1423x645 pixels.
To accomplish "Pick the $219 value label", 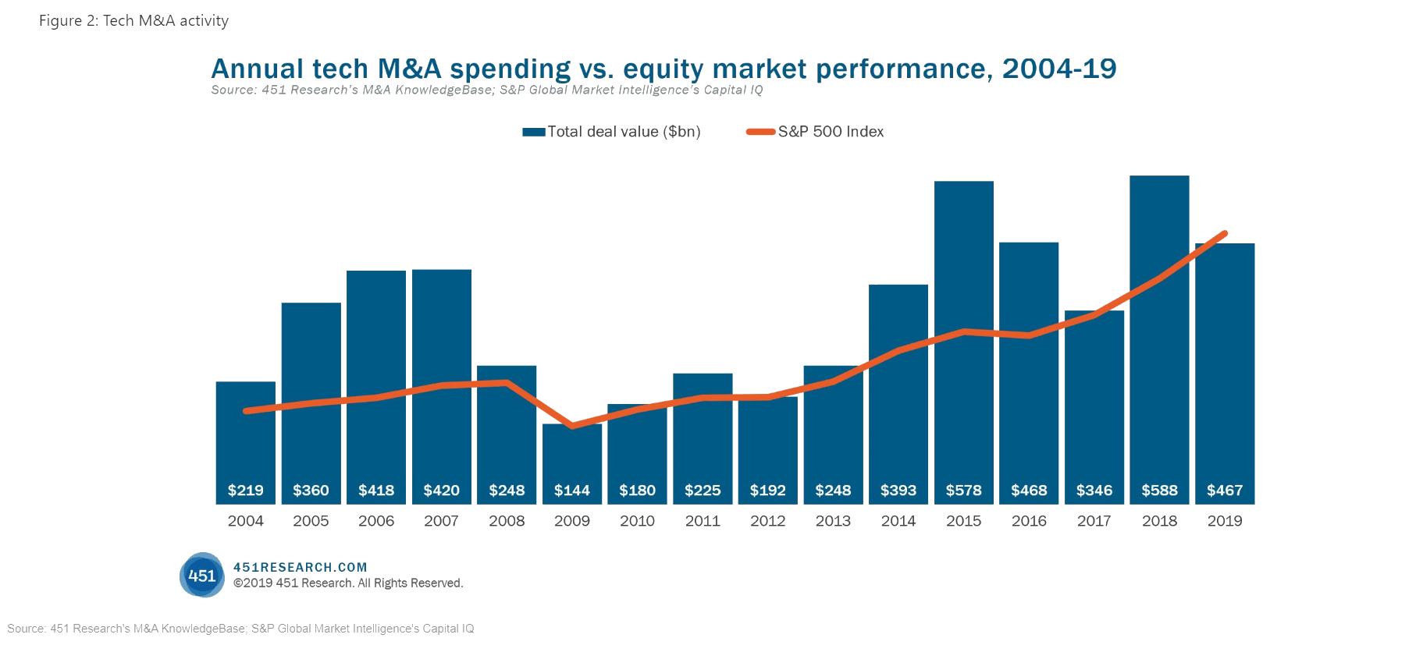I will coord(245,491).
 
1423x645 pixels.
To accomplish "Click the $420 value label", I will coord(441,491).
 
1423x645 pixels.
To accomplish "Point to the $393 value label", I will coord(898,491).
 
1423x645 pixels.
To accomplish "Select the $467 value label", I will coord(1225,491).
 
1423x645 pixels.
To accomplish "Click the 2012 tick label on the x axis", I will coord(767,521).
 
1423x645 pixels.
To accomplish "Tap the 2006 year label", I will coord(376,521).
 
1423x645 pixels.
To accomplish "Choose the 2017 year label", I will coord(1094,521).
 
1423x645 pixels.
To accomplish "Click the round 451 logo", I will coord(202,576).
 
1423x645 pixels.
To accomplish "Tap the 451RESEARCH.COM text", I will coord(300,567).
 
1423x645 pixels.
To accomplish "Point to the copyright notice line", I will coord(348,583).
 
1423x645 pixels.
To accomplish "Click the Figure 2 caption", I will coord(133,21).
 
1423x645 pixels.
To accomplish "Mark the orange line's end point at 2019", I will coord(1225,233).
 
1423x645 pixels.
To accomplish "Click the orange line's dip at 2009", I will coord(572,426).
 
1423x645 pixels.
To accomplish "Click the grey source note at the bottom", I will coord(240,629).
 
